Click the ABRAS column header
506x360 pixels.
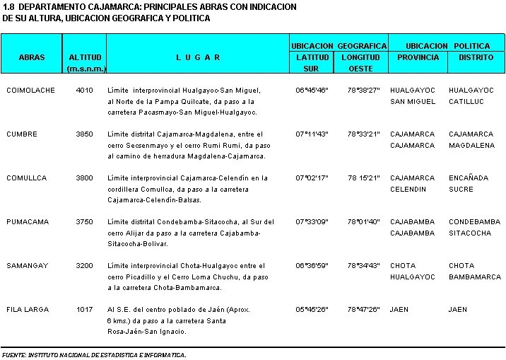click(x=32, y=57)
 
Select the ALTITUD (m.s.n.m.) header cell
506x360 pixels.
click(x=85, y=63)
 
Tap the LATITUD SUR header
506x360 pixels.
click(x=311, y=63)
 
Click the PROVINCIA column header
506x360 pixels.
click(x=418, y=57)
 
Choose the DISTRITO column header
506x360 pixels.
click(x=476, y=57)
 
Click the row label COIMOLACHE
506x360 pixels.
click(x=30, y=91)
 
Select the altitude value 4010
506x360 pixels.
click(x=84, y=91)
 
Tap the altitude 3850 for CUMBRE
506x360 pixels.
click(x=84, y=134)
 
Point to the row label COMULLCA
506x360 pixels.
click(x=27, y=178)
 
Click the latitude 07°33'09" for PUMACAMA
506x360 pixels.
click(x=311, y=222)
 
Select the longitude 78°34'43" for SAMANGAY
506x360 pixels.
click(x=363, y=266)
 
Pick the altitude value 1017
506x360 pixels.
click(x=84, y=310)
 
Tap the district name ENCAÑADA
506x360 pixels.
click(x=469, y=178)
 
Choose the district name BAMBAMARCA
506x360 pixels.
click(x=475, y=277)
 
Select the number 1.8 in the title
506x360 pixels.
click(x=9, y=6)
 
